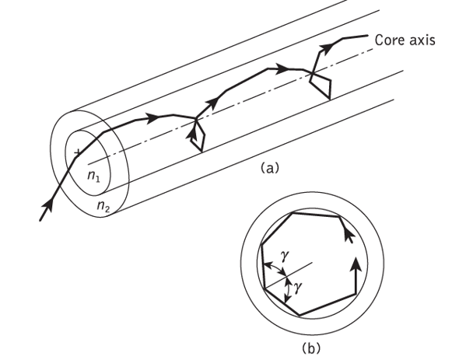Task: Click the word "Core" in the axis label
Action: click(x=388, y=38)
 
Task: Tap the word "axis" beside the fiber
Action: click(x=421, y=38)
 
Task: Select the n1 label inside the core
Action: click(x=93, y=178)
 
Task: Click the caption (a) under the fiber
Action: click(x=268, y=166)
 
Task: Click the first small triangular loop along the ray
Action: click(x=198, y=136)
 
